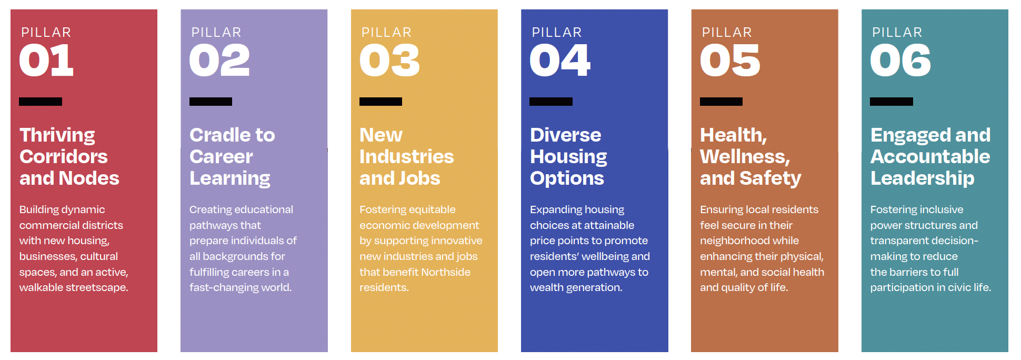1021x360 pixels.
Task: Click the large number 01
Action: click(46, 61)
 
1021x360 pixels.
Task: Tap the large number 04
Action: click(560, 61)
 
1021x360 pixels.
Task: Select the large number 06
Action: click(900, 61)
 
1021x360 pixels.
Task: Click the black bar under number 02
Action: click(211, 102)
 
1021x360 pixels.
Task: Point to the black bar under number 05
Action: click(721, 102)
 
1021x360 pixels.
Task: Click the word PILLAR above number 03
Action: click(386, 33)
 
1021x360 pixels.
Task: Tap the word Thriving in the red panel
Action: click(57, 136)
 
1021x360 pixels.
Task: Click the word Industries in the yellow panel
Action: click(406, 157)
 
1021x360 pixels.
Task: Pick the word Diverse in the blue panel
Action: click(566, 135)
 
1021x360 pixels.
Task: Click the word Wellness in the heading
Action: click(745, 157)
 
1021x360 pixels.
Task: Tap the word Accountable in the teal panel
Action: click(930, 157)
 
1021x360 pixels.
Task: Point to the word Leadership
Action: click(923, 179)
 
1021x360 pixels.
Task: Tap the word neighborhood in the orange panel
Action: click(749, 241)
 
